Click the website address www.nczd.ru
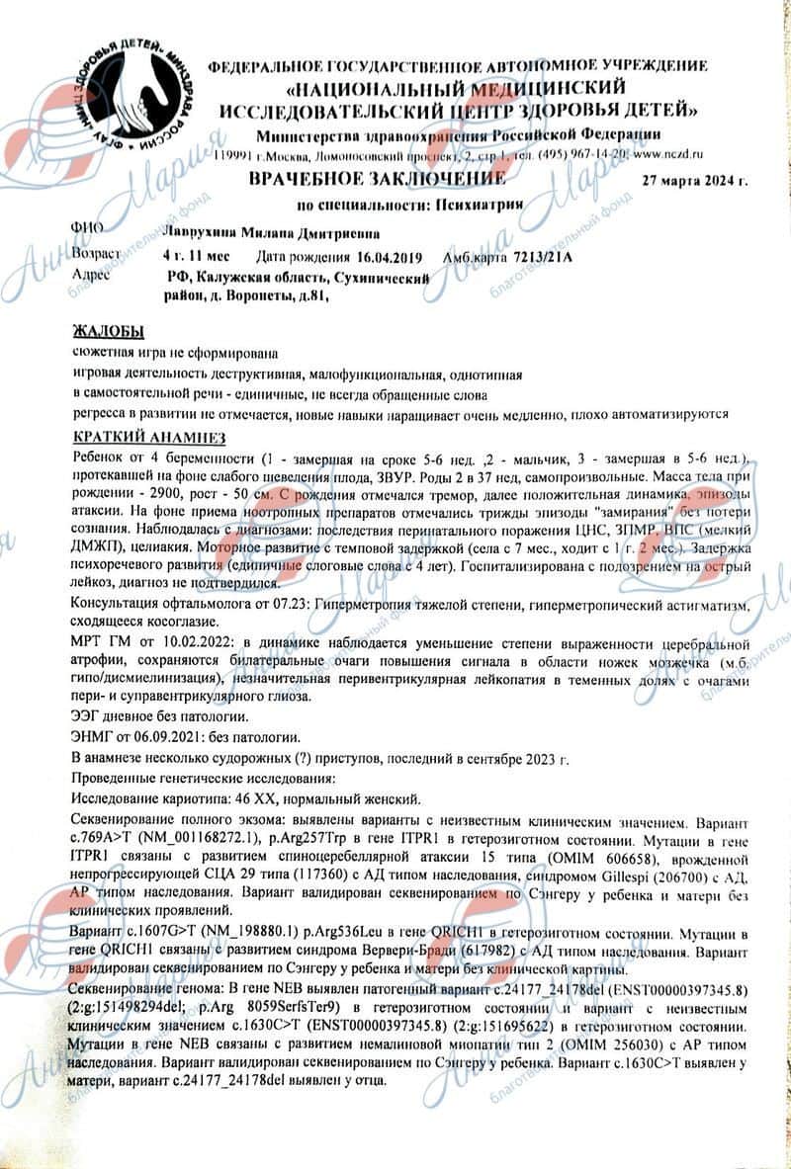pyautogui.click(x=668, y=156)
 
